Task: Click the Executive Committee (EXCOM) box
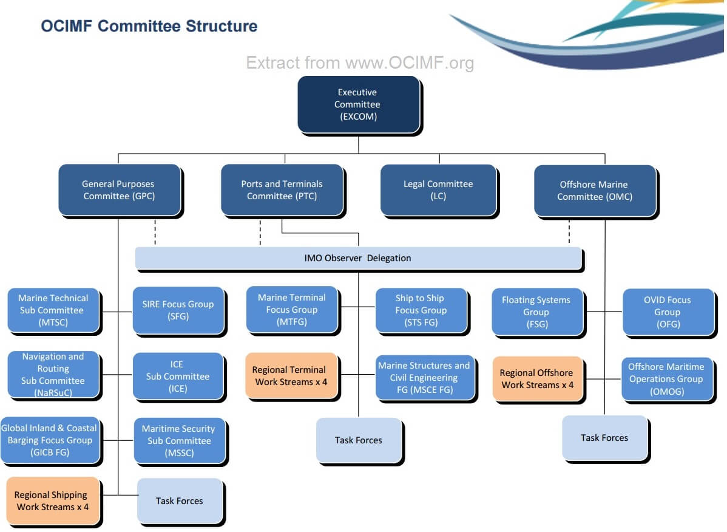(358, 104)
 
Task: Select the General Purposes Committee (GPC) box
(119, 190)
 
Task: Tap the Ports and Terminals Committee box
(282, 190)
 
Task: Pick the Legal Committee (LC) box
(438, 190)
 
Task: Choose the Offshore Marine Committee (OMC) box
(595, 191)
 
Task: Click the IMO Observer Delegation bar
(358, 258)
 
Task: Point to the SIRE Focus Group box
(178, 310)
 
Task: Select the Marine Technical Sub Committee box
(53, 310)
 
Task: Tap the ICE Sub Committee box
(178, 377)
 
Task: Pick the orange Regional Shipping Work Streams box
(52, 501)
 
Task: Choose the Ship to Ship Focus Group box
(421, 310)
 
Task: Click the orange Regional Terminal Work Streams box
(291, 375)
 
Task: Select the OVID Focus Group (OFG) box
(667, 312)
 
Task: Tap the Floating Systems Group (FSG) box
(536, 312)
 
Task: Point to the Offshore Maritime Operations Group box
(666, 379)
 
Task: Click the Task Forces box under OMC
(604, 438)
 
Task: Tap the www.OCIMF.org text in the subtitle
(410, 63)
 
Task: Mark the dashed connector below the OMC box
(569, 231)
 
